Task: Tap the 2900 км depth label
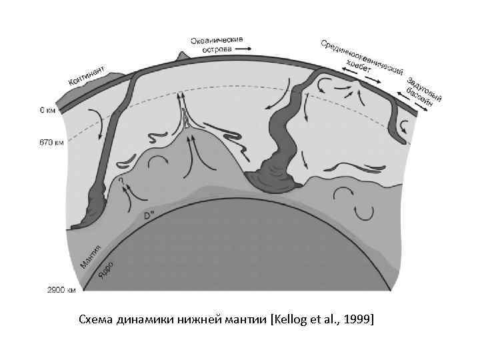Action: [61, 290]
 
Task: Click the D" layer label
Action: [151, 216]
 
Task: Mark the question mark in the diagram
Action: [122, 180]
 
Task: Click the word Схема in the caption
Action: [97, 320]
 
